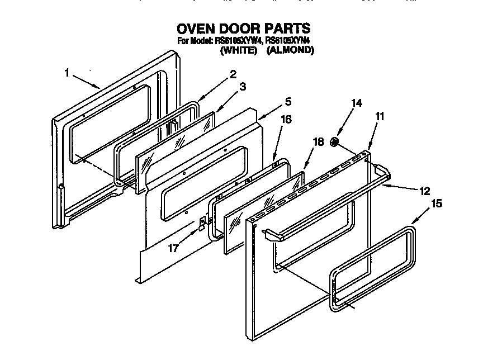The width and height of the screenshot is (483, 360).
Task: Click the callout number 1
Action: click(67, 72)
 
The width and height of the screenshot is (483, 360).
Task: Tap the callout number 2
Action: click(233, 73)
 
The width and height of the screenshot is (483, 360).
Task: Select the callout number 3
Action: click(242, 87)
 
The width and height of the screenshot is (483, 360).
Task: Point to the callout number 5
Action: click(287, 102)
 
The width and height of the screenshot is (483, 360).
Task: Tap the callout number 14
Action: click(356, 103)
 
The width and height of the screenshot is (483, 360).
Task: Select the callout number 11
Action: click(380, 116)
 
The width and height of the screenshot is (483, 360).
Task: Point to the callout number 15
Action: click(437, 203)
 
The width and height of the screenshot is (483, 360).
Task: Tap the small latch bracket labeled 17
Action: click(200, 224)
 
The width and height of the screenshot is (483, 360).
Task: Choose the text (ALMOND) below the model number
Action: click(290, 50)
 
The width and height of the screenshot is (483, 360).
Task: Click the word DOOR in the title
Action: click(241, 28)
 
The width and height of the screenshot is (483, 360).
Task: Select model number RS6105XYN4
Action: click(287, 41)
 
